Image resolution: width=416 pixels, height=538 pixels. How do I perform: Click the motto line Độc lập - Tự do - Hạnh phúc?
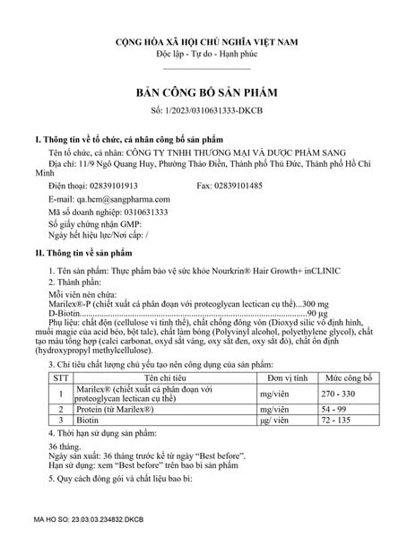tap(207, 55)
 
